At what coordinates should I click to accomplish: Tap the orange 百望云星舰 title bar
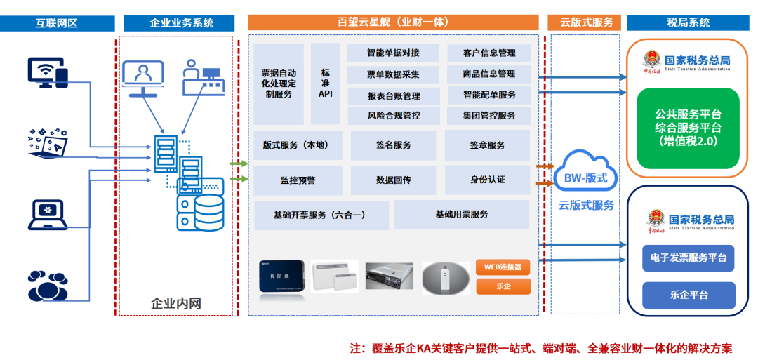click(x=393, y=22)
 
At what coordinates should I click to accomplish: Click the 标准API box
click(x=325, y=84)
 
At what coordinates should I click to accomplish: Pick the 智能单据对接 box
click(x=393, y=53)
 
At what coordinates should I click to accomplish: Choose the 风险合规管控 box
click(x=393, y=115)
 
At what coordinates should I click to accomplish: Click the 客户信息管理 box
click(x=489, y=53)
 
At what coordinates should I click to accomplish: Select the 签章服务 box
click(x=487, y=145)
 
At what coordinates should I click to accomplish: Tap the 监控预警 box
click(x=298, y=180)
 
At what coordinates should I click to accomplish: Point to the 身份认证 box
click(x=487, y=180)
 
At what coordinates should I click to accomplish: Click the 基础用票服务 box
click(x=461, y=215)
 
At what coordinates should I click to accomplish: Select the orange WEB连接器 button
click(x=503, y=267)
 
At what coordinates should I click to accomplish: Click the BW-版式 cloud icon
click(x=585, y=178)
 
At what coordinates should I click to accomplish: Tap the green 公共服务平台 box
click(x=688, y=128)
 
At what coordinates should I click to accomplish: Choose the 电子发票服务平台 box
click(x=689, y=258)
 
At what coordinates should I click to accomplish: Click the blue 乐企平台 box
click(x=689, y=295)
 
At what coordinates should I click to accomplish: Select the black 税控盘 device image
click(x=280, y=276)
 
